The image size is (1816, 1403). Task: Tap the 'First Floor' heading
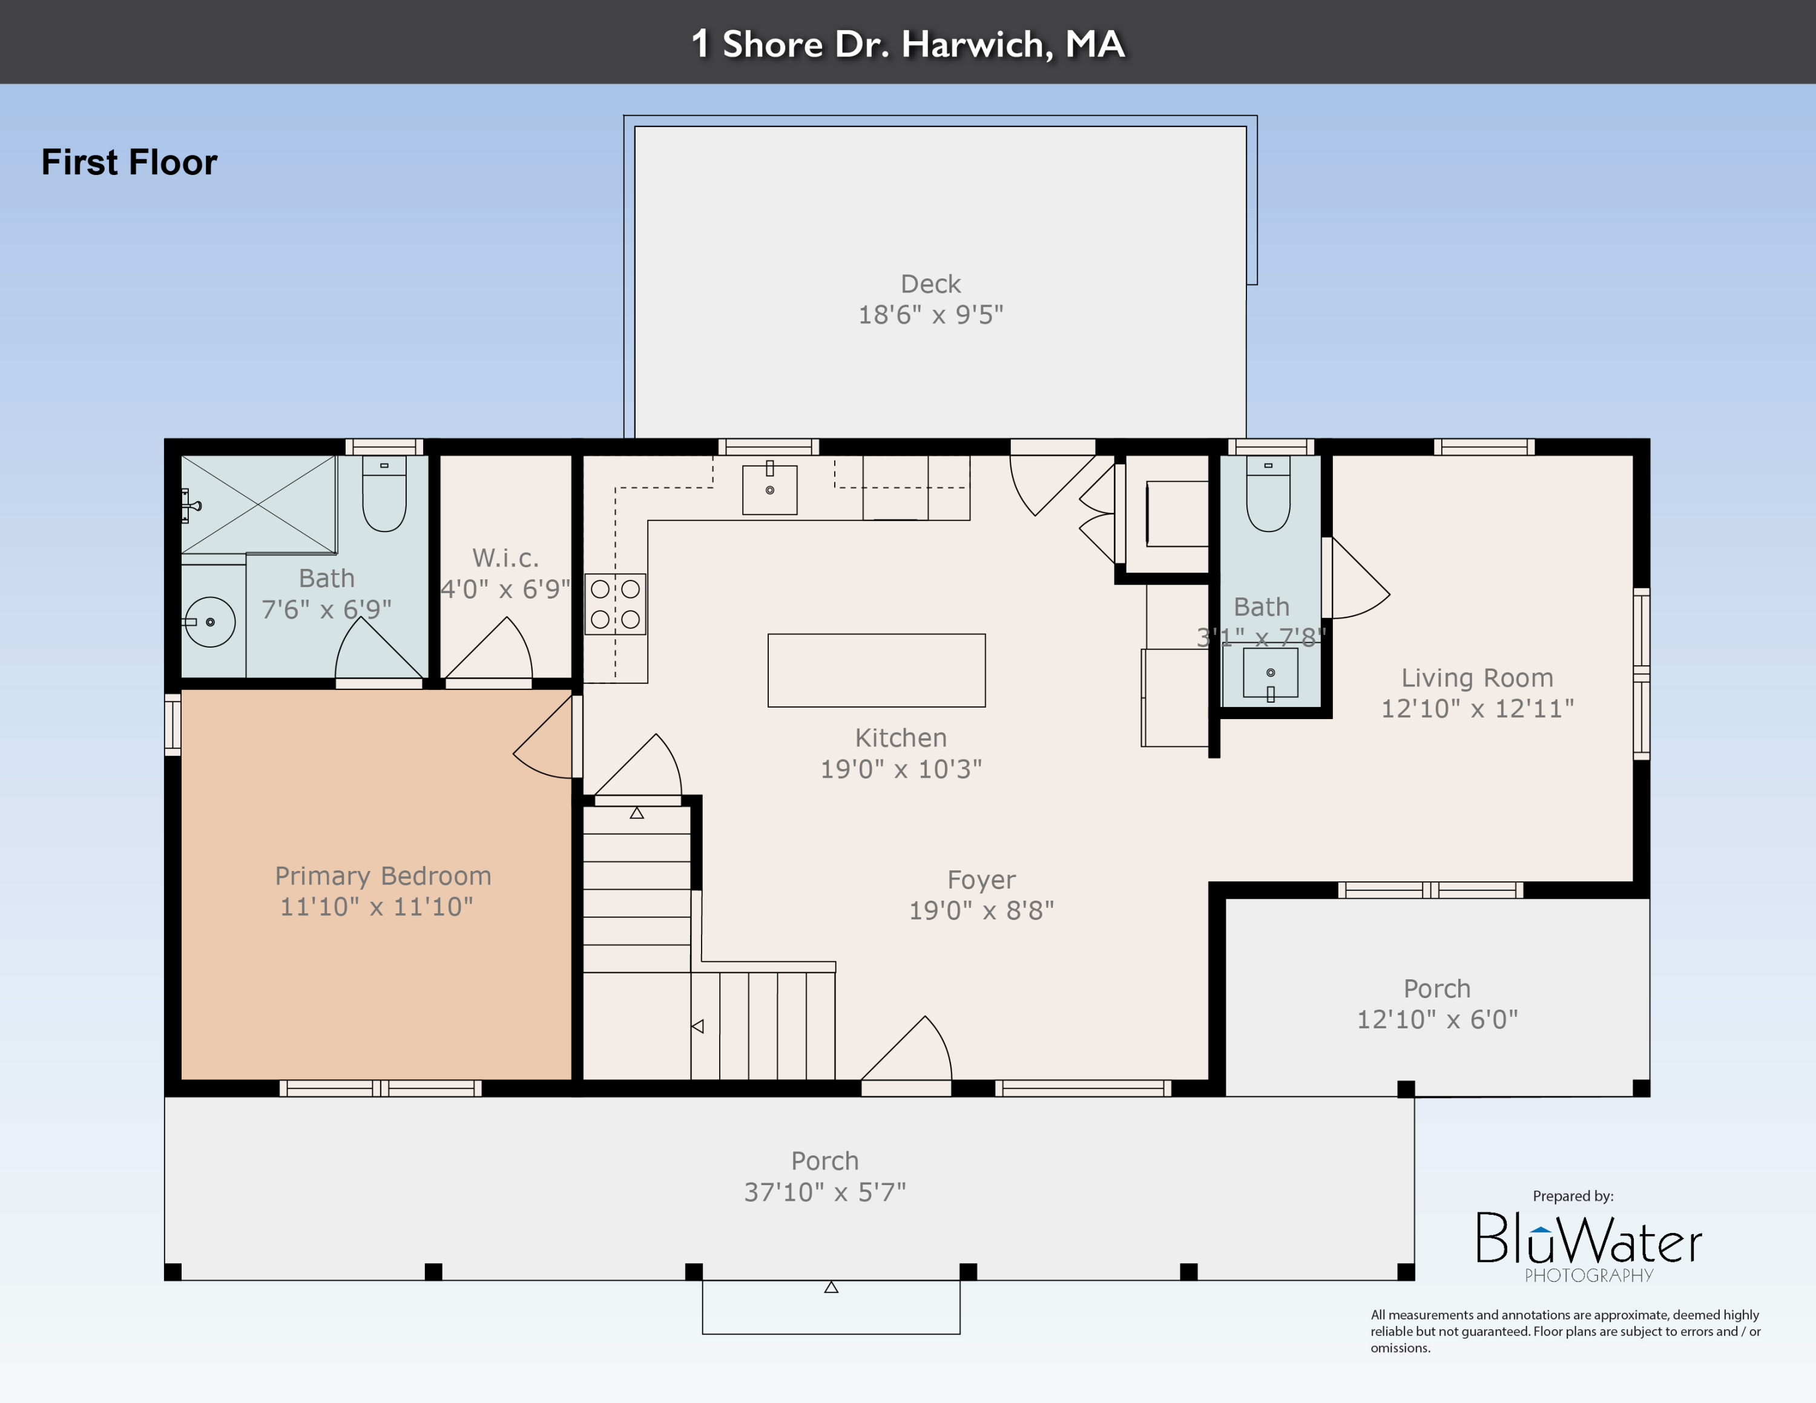coord(129,162)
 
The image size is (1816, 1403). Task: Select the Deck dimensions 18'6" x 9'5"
coord(930,315)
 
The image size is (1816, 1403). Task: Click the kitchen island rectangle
coord(877,670)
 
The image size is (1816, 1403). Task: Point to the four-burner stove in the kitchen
coord(615,604)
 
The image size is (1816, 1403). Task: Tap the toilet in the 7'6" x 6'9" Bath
coord(384,494)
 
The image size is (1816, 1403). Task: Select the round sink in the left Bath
coord(209,622)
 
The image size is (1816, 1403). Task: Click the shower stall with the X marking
coord(258,504)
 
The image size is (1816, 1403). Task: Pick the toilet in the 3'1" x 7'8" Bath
coord(1268,494)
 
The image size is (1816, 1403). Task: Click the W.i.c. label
coord(505,557)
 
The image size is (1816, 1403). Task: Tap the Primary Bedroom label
coord(383,875)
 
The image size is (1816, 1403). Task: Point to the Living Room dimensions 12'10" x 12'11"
coord(1478,708)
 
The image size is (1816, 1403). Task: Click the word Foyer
coord(981,879)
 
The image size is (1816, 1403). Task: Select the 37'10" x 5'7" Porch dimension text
coord(825,1192)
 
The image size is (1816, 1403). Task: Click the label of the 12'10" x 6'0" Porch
coord(1437,988)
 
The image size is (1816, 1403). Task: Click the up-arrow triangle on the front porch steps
coord(831,1287)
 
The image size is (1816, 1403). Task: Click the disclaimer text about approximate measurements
coord(1565,1331)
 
